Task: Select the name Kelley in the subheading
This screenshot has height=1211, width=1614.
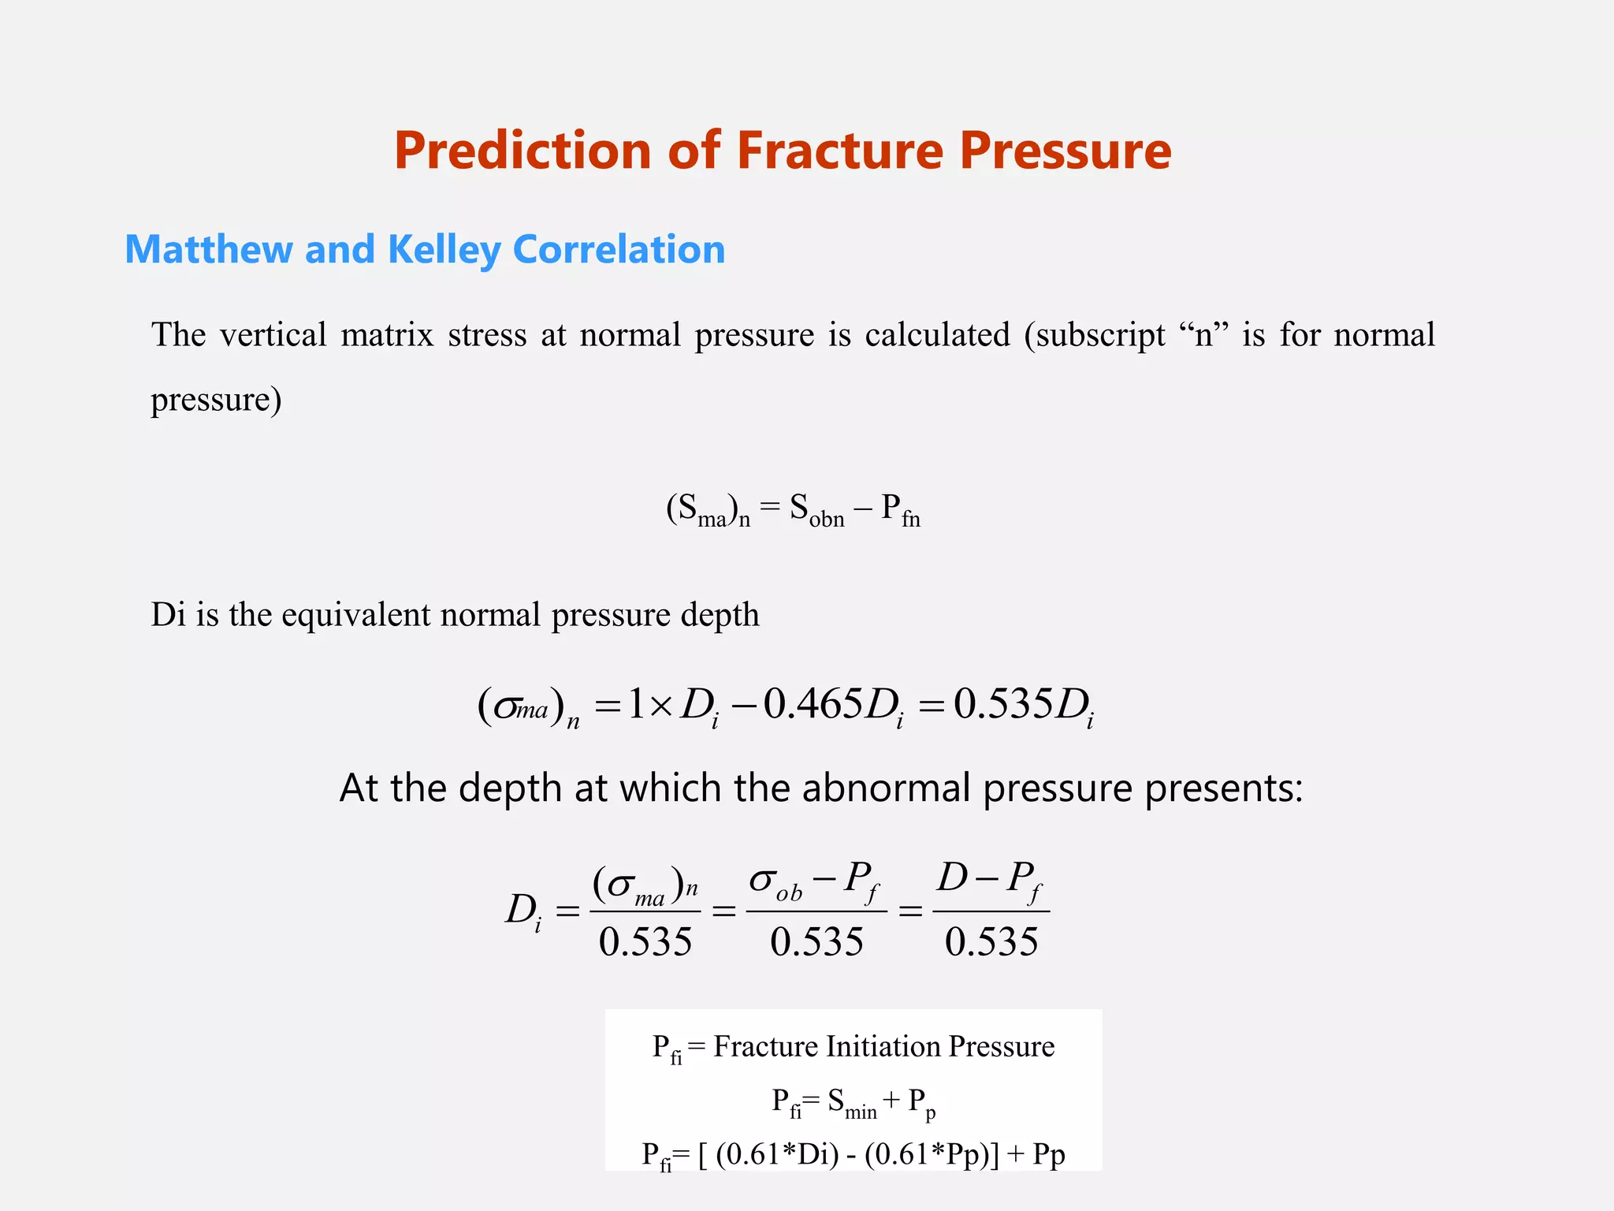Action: coord(444,250)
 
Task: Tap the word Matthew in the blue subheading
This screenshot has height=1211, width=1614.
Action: coord(208,249)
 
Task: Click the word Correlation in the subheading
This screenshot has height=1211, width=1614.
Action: coord(619,249)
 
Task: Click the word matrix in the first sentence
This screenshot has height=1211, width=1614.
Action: coord(387,334)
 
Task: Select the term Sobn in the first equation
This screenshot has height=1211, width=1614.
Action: coord(816,510)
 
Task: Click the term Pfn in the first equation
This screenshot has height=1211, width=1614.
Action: coord(900,510)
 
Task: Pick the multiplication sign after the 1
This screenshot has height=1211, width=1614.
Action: coord(662,705)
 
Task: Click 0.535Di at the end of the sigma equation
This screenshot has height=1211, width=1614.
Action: coord(1023,705)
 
